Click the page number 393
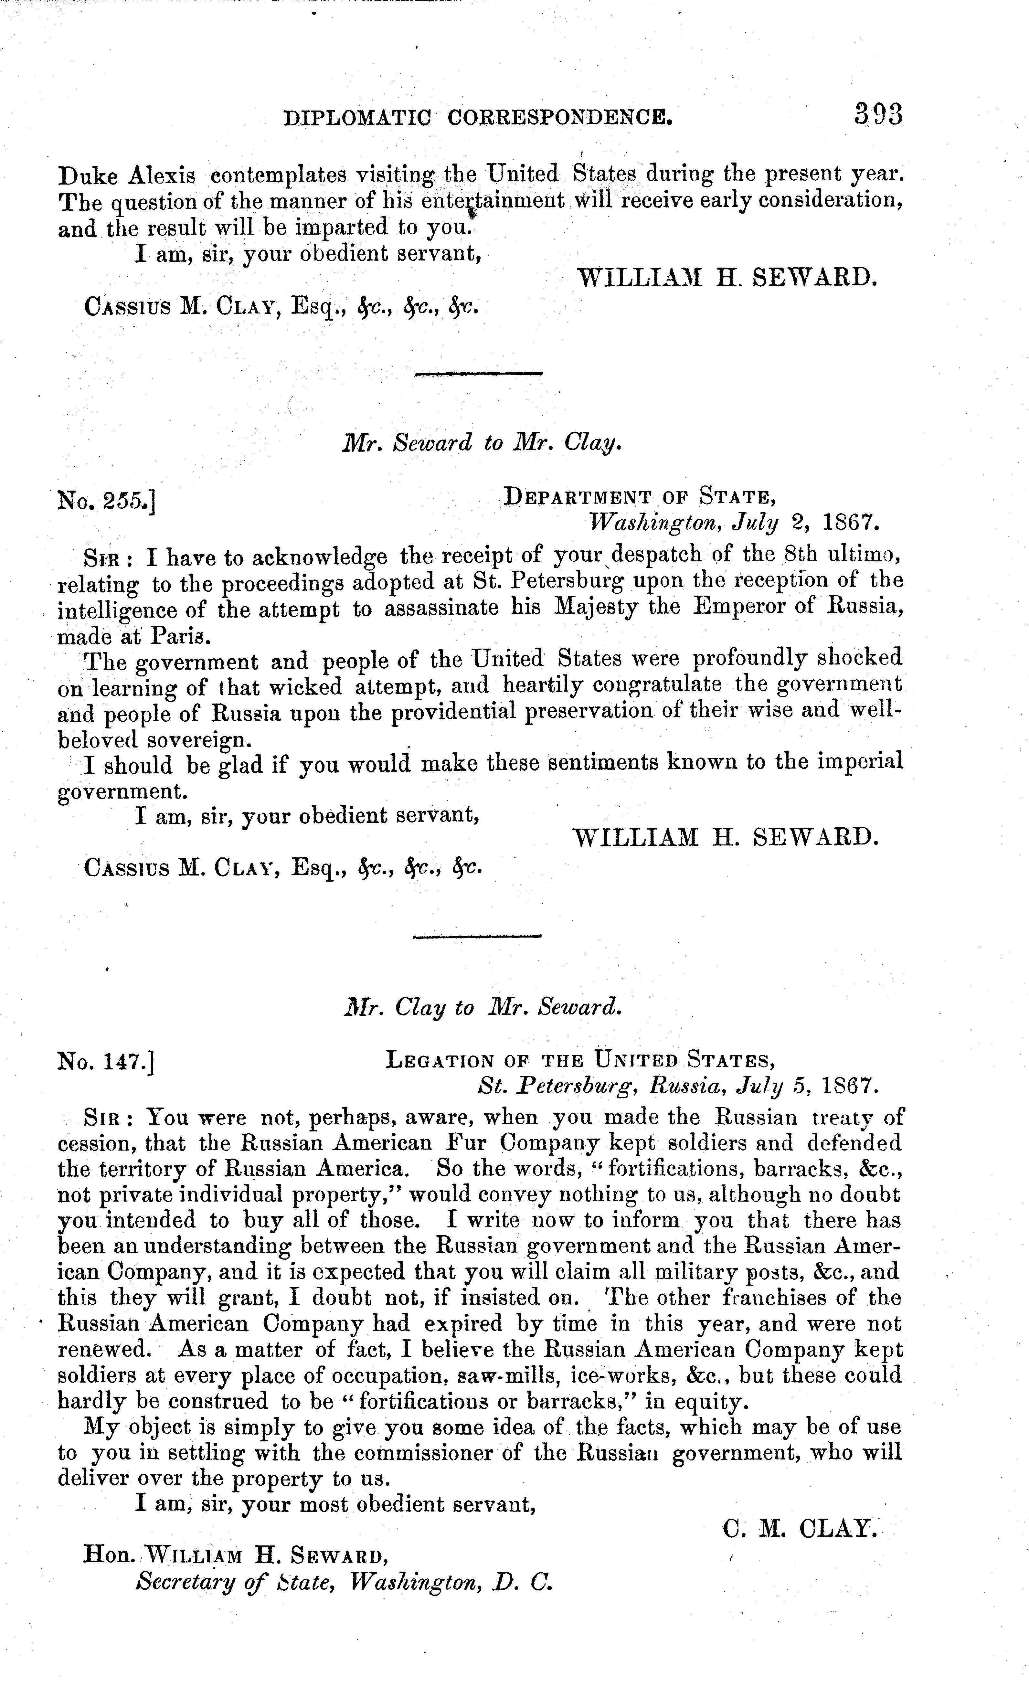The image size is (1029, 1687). click(878, 114)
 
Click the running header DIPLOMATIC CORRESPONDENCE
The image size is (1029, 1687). click(478, 119)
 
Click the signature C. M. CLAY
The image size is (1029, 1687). click(800, 1528)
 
